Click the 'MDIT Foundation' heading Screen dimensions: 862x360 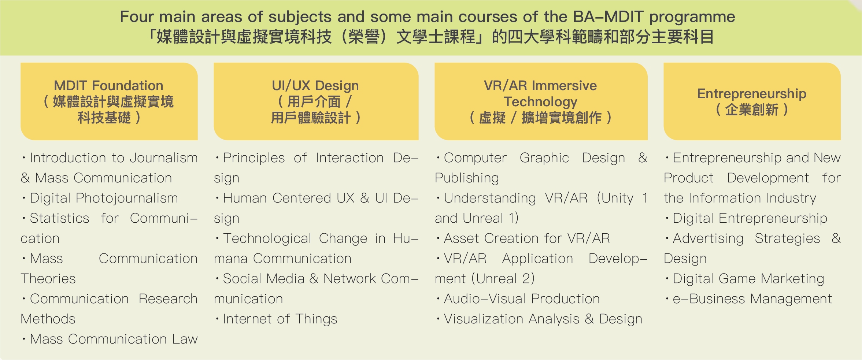108,86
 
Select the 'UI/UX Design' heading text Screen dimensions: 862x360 315,86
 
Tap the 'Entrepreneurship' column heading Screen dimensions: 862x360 752,94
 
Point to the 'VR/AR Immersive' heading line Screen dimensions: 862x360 540,86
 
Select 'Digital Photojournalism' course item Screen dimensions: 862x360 104,198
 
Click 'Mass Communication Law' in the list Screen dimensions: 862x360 114,339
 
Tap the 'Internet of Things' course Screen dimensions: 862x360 280,319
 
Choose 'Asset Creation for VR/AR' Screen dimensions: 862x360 527,238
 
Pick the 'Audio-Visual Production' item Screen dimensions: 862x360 522,299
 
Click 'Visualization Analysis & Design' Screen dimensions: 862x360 543,319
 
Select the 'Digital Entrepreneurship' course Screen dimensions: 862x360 750,219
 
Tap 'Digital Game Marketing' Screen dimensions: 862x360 748,279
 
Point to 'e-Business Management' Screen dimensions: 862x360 752,299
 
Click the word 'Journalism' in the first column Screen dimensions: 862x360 163,158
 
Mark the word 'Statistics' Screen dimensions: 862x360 59,218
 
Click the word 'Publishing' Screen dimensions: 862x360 467,178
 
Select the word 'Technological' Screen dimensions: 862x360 267,239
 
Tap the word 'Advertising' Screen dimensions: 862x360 708,239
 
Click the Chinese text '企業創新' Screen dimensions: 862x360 752,110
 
